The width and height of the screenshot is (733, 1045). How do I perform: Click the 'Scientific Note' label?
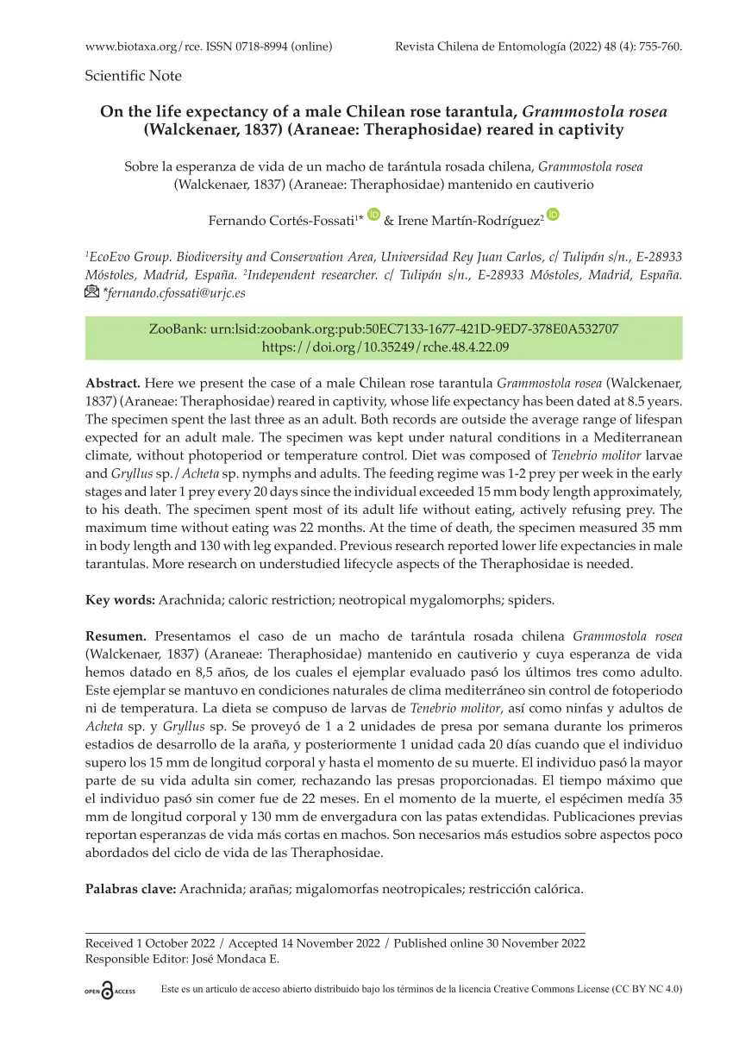(134, 76)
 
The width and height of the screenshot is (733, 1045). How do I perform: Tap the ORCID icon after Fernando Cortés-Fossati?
(373, 215)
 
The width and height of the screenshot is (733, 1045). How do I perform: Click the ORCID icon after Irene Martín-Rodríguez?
(553, 215)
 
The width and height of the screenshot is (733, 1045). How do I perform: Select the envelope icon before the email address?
(92, 292)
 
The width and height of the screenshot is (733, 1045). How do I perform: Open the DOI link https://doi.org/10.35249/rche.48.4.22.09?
(385, 347)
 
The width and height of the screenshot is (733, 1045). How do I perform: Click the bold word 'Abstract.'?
(113, 382)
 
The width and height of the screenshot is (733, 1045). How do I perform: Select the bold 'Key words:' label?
(120, 598)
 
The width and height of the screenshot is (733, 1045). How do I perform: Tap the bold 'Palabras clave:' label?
(130, 888)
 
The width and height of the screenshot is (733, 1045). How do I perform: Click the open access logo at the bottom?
(110, 992)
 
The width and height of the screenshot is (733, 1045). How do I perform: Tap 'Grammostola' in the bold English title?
(573, 111)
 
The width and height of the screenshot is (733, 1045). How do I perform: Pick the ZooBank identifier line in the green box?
(385, 329)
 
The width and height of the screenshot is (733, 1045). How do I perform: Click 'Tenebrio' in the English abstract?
(576, 454)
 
